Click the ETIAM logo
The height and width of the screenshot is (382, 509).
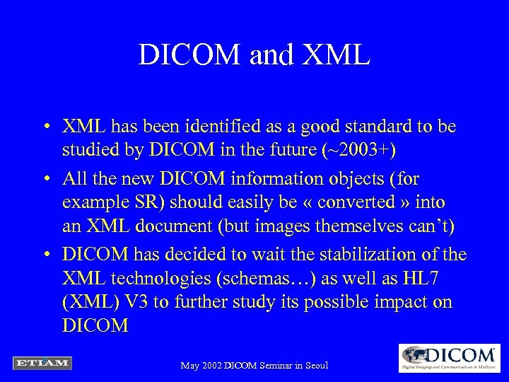[x=42, y=363]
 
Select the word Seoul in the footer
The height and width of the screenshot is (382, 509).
[x=312, y=366]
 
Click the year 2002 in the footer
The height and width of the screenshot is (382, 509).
[x=211, y=366]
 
